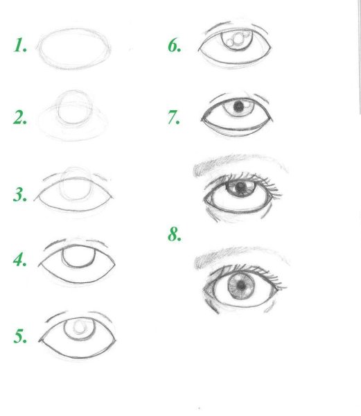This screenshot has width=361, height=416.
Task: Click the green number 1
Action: point(20,45)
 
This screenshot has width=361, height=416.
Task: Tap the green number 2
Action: point(20,118)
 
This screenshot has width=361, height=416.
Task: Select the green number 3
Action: point(20,194)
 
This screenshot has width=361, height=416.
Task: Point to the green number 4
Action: point(20,259)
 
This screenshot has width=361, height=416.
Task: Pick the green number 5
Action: point(20,336)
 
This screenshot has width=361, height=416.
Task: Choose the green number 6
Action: point(175,45)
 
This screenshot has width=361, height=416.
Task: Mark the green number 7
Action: point(174,117)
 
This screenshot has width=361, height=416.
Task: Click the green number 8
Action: point(175,234)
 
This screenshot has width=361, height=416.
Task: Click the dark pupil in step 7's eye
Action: point(238,107)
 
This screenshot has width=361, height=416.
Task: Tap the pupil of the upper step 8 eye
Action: point(240,187)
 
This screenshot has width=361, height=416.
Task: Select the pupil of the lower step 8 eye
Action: point(241,286)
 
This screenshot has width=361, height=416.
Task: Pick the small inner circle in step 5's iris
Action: point(80,327)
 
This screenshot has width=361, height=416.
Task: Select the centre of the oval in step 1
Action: point(74,49)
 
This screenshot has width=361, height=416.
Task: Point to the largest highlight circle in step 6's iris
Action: point(239,38)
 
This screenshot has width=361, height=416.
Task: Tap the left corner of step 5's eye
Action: point(39,340)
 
